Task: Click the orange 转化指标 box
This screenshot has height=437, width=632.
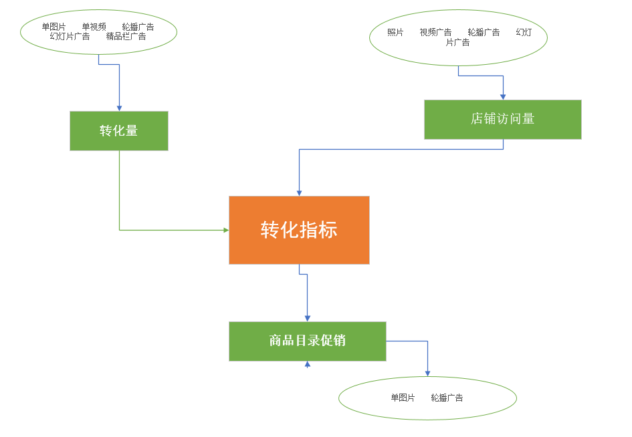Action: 299,230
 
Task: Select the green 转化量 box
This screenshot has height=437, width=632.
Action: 119,131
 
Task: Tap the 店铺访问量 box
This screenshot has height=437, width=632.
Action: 502,120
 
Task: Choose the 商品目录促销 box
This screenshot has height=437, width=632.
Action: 307,341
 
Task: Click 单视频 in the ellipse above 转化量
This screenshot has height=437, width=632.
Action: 94,27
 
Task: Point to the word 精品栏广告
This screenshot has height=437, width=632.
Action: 126,36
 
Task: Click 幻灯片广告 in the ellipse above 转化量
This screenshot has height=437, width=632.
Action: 70,36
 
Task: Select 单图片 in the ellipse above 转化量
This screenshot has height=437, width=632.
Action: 54,27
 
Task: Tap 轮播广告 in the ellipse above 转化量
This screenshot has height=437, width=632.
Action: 138,27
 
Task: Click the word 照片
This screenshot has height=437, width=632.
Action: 395,32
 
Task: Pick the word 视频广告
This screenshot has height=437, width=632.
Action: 435,32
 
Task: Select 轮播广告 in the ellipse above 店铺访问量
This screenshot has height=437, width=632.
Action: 484,32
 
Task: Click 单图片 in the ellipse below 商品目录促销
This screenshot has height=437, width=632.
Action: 403,398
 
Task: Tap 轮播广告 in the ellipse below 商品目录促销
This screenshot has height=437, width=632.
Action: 447,398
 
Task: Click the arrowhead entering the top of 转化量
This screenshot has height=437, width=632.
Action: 119,108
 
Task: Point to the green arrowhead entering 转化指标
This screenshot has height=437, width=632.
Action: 225,230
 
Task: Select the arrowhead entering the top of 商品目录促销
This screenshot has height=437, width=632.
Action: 307,318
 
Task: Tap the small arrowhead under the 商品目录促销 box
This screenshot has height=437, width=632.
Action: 308,365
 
